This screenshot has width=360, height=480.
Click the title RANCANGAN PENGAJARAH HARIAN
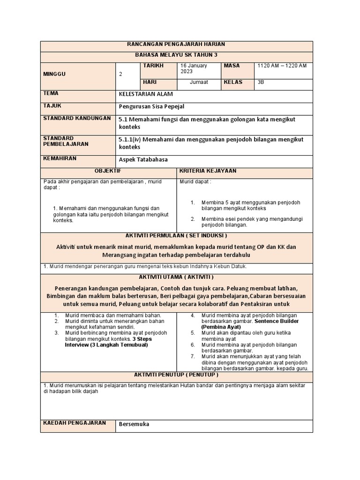(x=176, y=44)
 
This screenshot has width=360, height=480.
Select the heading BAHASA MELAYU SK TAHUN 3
(x=176, y=55)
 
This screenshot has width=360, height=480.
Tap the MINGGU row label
(x=54, y=74)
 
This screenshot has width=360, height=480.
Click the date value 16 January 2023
(x=194, y=68)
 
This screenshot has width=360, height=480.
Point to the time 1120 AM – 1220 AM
(x=282, y=66)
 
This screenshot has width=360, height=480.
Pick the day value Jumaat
(x=198, y=82)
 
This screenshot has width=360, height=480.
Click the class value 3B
(x=261, y=82)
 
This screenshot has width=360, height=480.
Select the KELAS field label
(x=233, y=82)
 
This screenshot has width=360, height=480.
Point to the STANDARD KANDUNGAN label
(x=77, y=118)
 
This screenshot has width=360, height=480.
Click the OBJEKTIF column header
(x=108, y=171)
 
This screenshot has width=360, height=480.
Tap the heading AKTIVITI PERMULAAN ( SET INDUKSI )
(x=176, y=235)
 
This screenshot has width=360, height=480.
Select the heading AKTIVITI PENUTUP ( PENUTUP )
(x=176, y=375)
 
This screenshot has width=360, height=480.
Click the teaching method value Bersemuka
(x=134, y=424)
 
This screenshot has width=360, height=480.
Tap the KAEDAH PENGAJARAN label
(x=75, y=423)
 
